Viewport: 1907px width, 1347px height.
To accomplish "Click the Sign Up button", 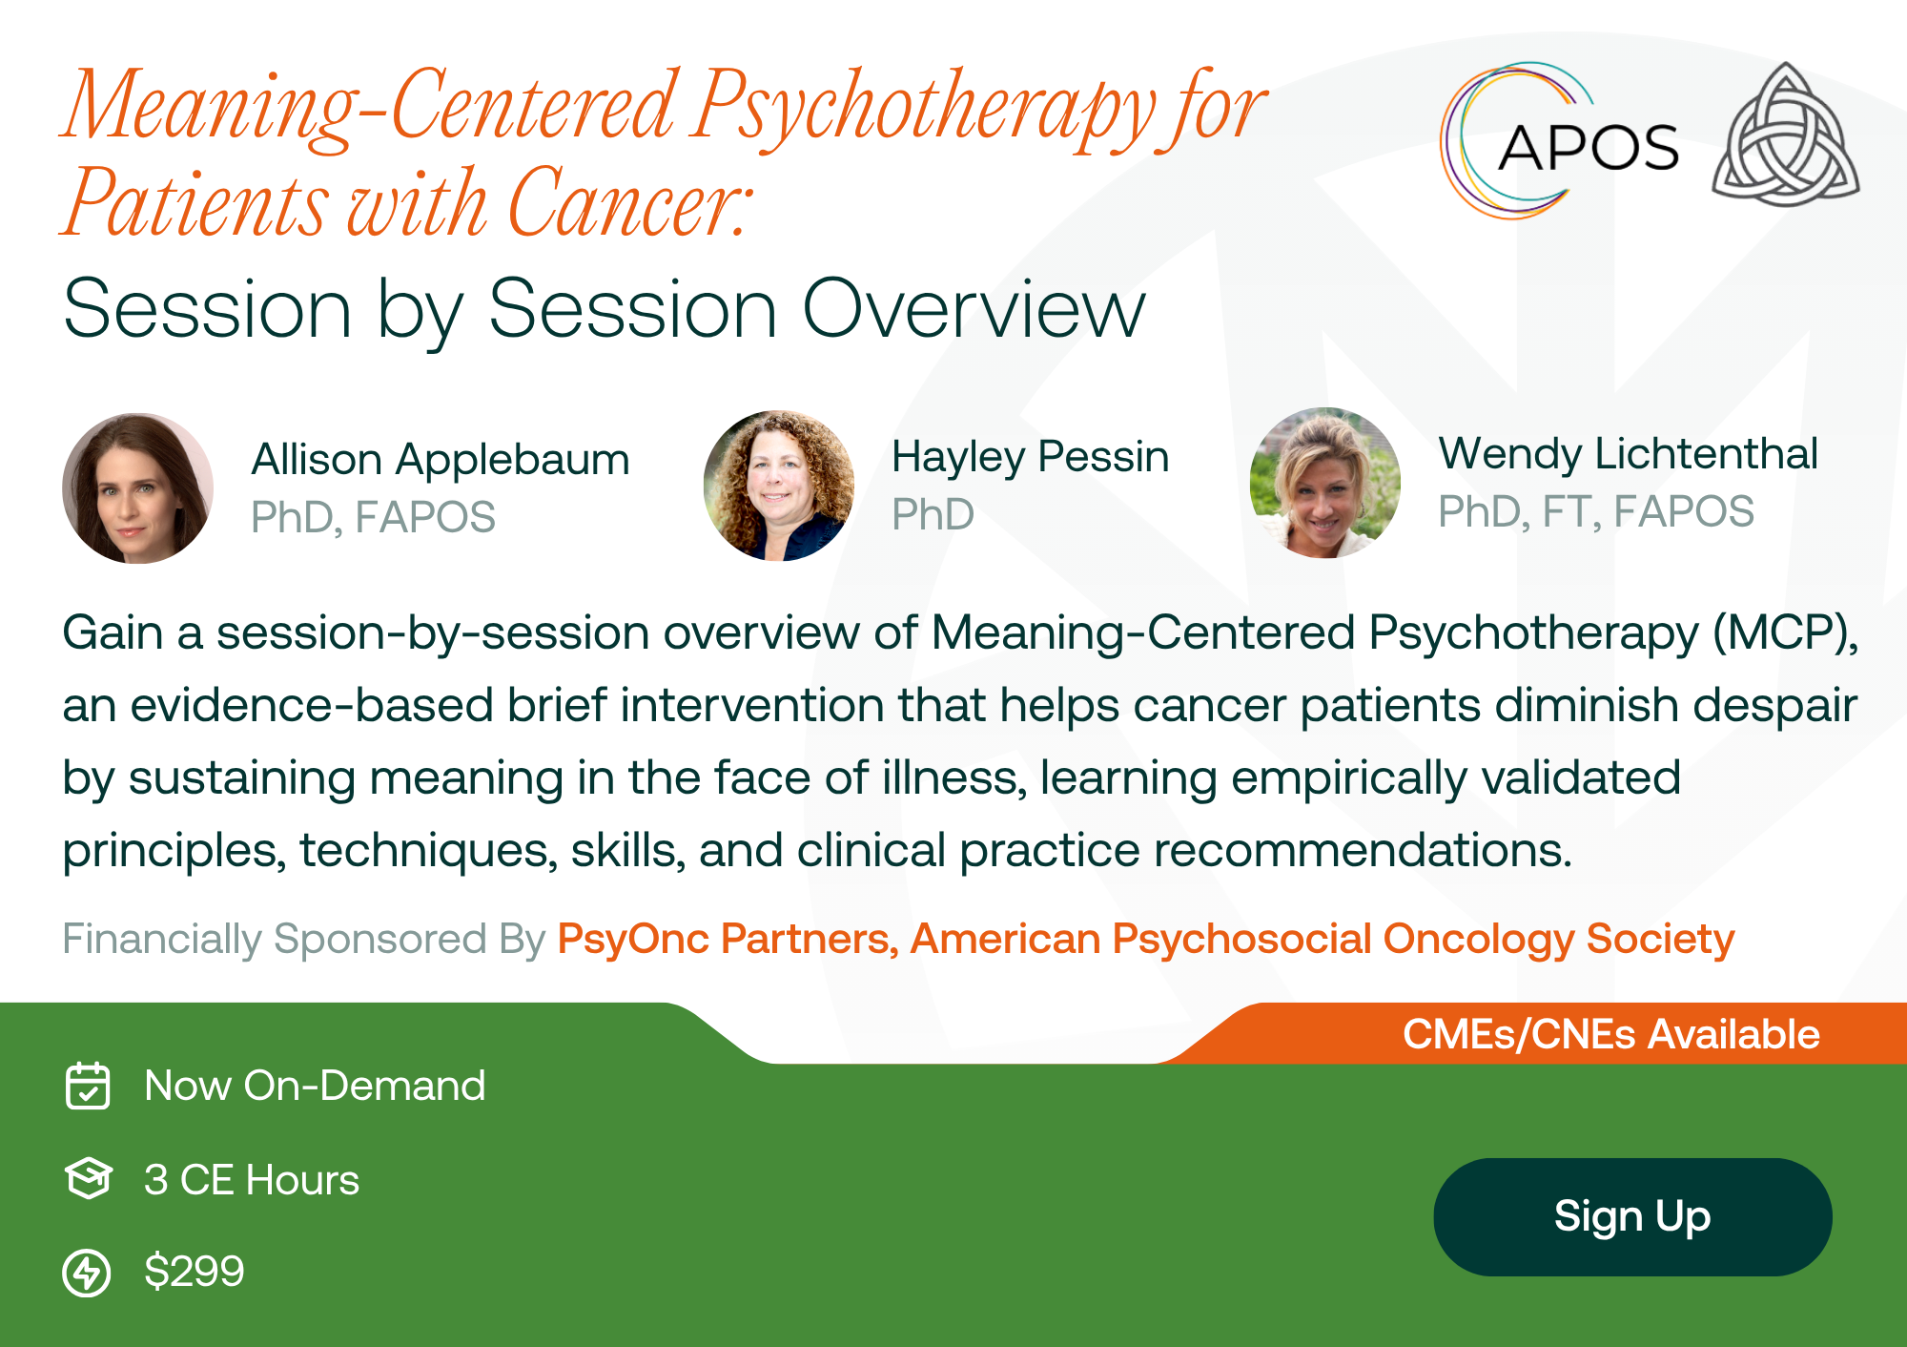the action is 1632,1216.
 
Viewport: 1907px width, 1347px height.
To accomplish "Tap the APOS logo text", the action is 1589,148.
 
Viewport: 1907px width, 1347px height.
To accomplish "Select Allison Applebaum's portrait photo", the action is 138,487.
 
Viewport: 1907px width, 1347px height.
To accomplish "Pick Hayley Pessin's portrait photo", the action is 779,486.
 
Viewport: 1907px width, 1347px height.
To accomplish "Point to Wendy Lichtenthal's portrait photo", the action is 1325,483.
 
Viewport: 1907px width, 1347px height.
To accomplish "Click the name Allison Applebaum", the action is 441,460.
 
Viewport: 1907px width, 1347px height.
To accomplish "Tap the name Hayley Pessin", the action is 1031,457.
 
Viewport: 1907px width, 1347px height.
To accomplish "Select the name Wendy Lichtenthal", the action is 1629,454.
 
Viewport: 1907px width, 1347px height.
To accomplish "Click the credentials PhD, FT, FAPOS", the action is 1596,512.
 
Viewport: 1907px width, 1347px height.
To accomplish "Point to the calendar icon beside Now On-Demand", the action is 88,1086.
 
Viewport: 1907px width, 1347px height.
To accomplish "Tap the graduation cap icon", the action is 89,1179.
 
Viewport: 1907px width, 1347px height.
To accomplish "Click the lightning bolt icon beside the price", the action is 87,1273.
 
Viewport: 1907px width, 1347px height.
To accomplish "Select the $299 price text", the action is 195,1272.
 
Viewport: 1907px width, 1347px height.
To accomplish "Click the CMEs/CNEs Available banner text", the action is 1611,1034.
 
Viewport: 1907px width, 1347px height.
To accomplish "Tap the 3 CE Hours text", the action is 252,1180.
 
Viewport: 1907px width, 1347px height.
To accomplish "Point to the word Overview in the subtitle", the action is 974,309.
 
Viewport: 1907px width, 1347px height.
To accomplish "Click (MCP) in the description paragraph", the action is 1786,632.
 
